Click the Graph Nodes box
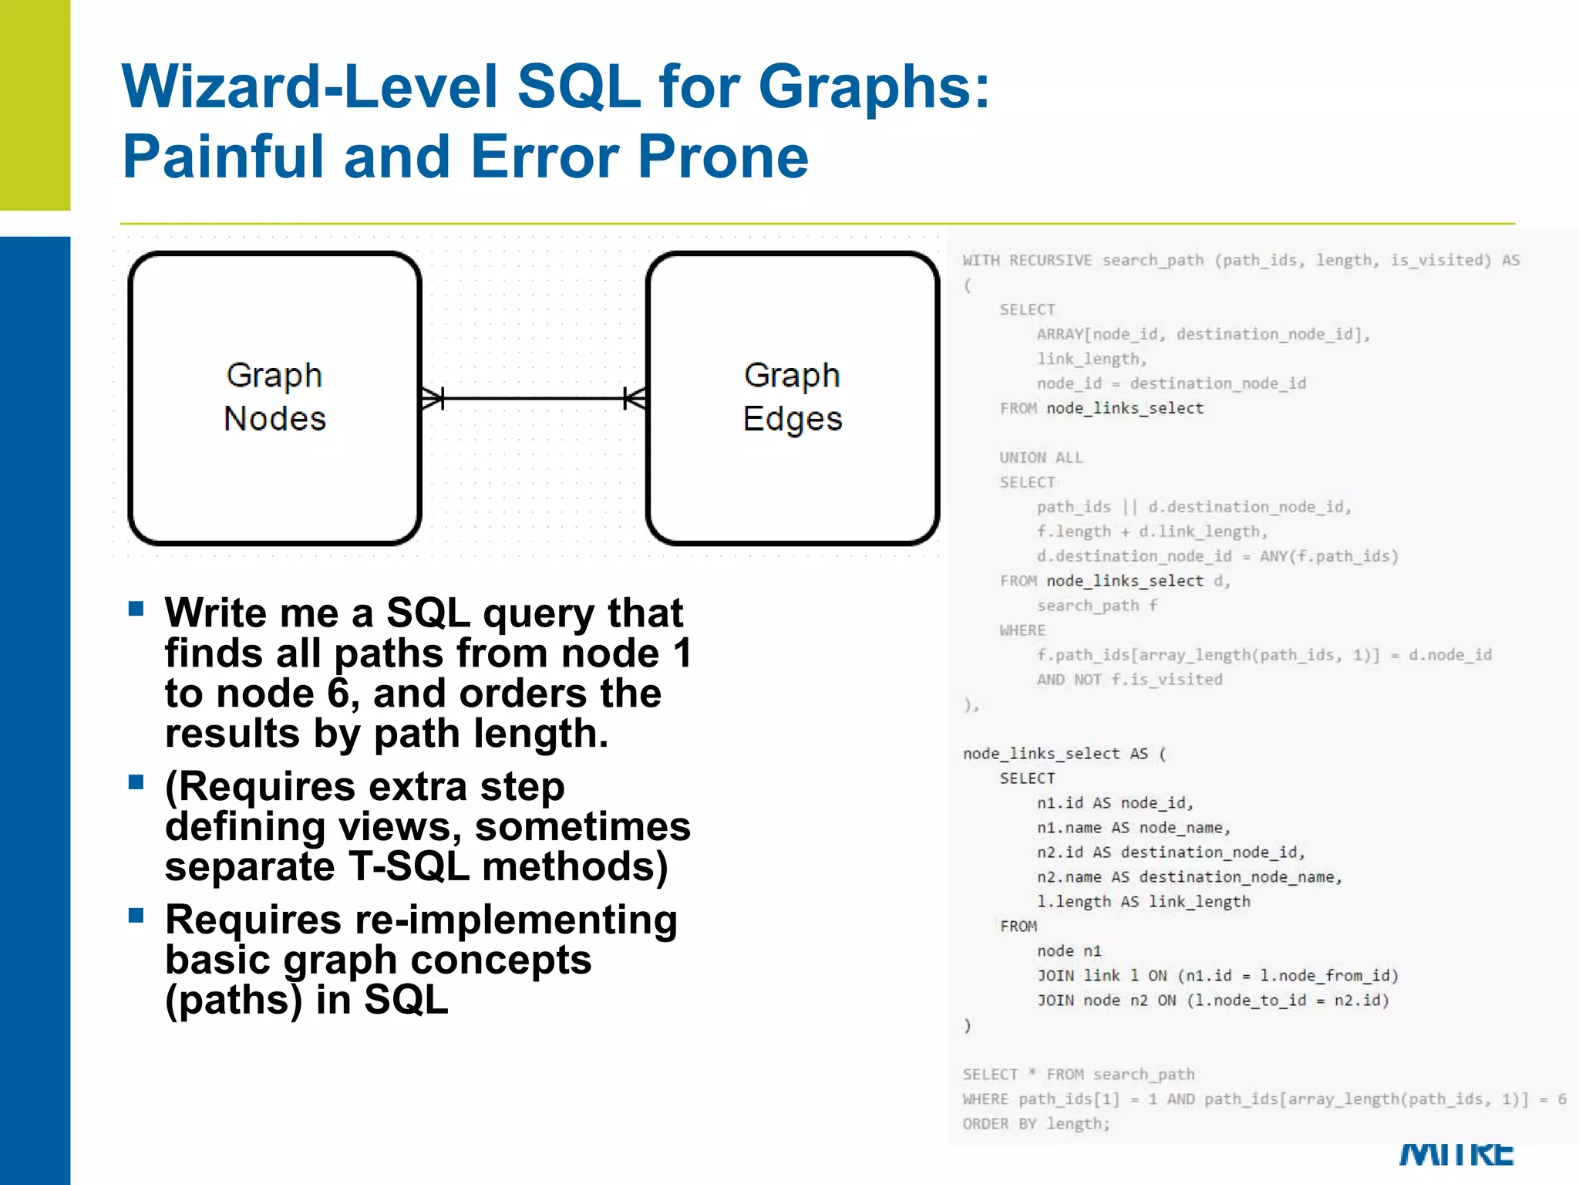274,397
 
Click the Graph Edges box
793,397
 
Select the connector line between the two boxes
534,398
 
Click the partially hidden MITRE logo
1456,1154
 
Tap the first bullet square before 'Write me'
136,609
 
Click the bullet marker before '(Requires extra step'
136,782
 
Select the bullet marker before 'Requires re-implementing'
136,916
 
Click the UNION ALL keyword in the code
1041,457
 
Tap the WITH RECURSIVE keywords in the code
1027,260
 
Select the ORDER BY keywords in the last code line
999,1123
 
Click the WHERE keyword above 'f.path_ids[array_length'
1022,630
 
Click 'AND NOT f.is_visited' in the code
1130,680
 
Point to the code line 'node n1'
1069,951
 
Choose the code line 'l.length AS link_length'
1143,902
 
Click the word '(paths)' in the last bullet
234,1000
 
